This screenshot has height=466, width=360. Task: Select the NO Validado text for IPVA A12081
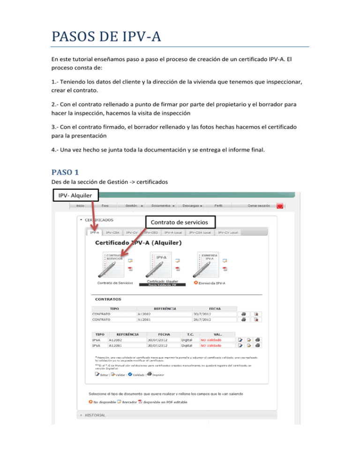tap(211, 345)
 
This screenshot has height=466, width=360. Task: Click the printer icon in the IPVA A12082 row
tap(257, 339)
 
